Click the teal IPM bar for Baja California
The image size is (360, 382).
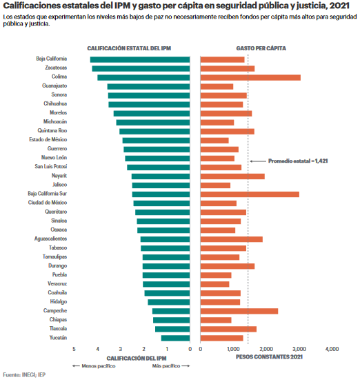tap(140, 60)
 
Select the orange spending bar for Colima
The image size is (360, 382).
tap(250, 77)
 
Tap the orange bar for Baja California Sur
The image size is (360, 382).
tap(250, 194)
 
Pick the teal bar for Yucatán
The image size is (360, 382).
tap(175, 338)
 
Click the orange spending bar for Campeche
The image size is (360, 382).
tap(239, 311)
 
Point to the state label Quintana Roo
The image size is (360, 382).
tap(52, 130)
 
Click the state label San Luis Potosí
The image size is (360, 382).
tap(51, 166)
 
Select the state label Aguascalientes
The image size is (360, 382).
tap(51, 239)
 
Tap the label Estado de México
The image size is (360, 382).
tap(48, 139)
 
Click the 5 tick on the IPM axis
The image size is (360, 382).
tap(74, 349)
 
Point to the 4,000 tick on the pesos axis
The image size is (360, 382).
tap(332, 349)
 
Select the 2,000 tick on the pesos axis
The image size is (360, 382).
tap(266, 349)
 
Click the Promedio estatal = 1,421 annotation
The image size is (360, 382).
tap(298, 161)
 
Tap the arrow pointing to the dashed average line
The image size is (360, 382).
tap(258, 161)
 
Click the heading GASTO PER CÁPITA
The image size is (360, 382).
tap(261, 48)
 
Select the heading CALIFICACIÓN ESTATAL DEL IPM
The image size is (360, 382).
tap(129, 48)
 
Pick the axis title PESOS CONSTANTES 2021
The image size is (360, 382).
tap(269, 357)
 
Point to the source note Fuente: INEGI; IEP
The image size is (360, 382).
tap(24, 375)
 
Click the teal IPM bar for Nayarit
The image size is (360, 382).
tap(161, 177)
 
